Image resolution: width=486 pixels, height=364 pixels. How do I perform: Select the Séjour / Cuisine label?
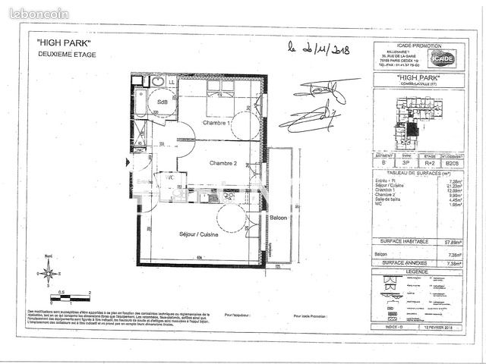click(198, 235)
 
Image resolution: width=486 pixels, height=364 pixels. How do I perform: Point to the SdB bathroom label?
click(163, 102)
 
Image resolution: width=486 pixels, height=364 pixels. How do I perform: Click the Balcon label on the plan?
click(277, 218)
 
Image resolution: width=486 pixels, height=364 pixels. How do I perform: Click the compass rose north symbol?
click(48, 270)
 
